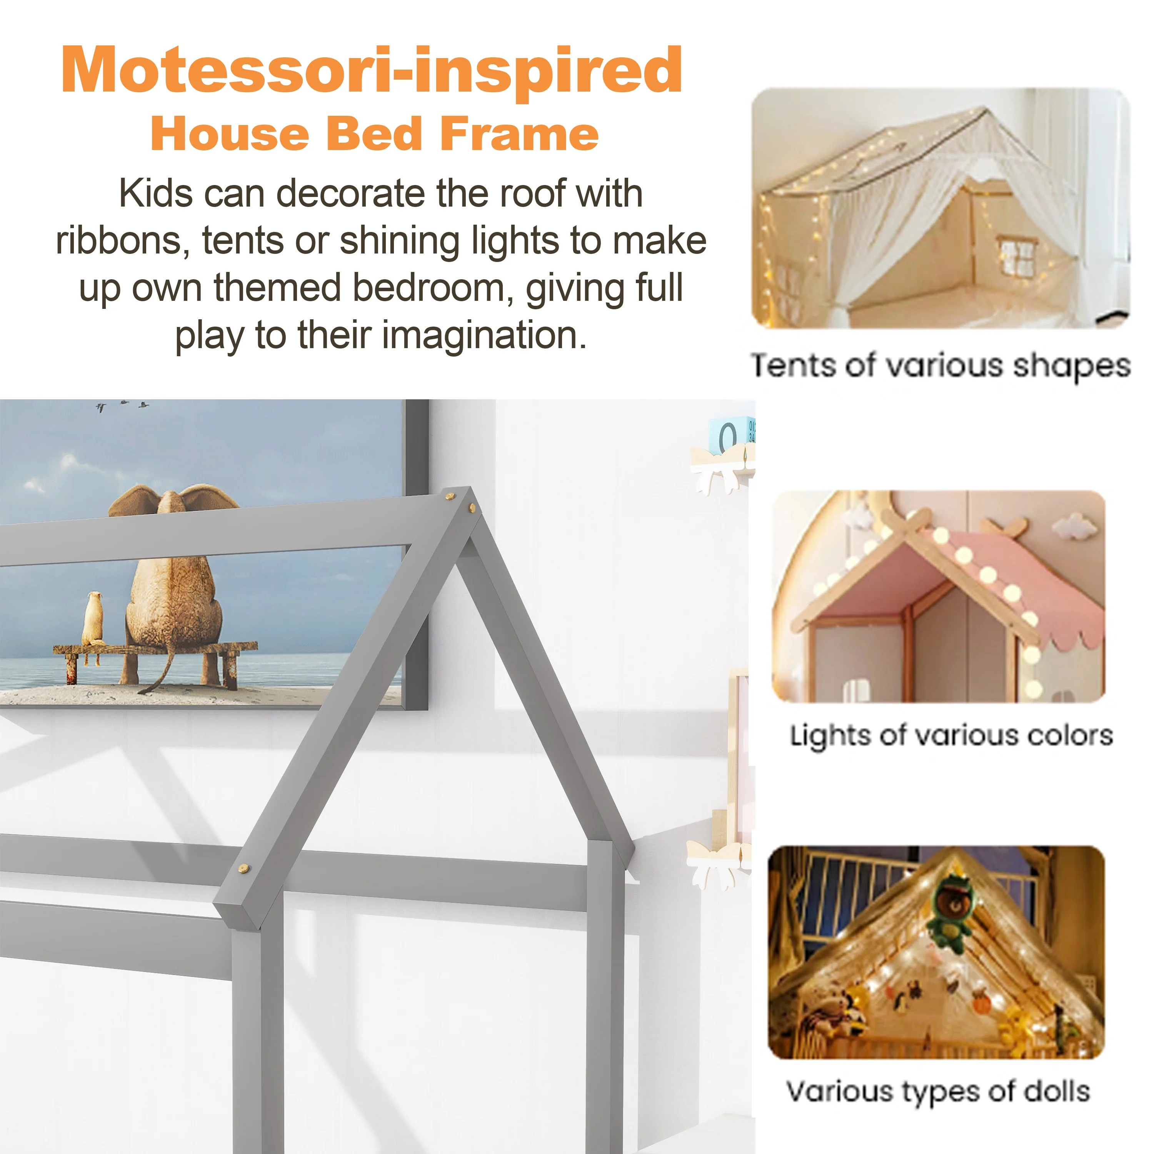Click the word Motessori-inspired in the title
[372, 70]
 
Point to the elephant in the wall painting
[173, 585]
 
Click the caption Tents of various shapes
[940, 365]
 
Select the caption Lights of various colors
[952, 735]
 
